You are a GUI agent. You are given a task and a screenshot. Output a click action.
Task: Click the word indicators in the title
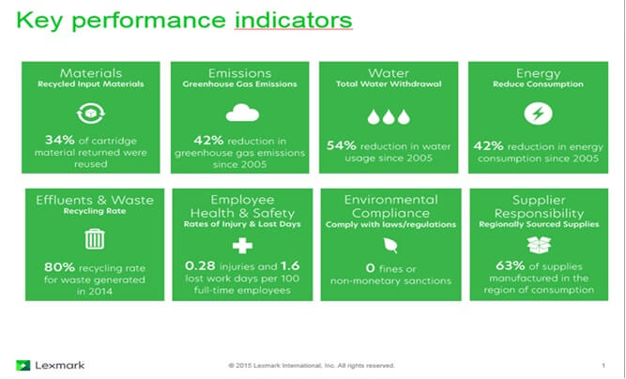(294, 20)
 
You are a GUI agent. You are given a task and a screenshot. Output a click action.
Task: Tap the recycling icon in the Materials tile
(91, 114)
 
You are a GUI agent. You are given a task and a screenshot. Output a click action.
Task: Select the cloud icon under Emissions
(242, 113)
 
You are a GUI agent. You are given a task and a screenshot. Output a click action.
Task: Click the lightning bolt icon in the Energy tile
(538, 114)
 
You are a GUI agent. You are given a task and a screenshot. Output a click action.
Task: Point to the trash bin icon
(95, 239)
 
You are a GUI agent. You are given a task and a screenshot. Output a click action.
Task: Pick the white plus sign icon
(242, 245)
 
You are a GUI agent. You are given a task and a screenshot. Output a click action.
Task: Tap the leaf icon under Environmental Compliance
(390, 245)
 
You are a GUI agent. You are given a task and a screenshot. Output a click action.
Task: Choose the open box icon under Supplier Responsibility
(539, 244)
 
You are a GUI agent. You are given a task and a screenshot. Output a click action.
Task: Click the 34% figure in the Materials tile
(60, 140)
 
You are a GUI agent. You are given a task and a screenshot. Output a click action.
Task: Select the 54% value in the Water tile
(342, 145)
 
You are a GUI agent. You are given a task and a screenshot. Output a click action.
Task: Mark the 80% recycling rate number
(59, 267)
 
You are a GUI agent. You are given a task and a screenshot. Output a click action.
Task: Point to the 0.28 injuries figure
(200, 265)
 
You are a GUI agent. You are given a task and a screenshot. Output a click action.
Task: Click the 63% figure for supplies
(511, 265)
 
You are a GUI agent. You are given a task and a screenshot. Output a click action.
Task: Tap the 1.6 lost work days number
(290, 265)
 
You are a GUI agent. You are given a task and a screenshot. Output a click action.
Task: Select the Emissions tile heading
(239, 73)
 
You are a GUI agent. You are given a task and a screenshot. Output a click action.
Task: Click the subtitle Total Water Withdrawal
(389, 84)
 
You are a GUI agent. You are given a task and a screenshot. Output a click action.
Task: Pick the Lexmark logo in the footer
(51, 365)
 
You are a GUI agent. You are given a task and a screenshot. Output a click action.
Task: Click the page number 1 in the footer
(603, 366)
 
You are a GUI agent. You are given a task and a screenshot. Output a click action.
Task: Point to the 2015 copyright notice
(312, 366)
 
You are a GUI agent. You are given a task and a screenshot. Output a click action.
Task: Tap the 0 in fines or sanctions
(370, 268)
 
